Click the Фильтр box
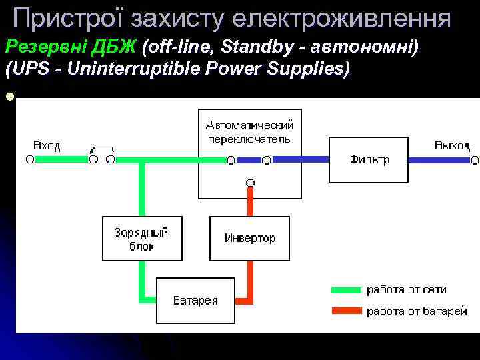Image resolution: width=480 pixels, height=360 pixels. [368, 159]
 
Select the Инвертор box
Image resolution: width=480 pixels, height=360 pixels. [249, 238]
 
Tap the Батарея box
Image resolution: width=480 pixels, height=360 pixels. [195, 301]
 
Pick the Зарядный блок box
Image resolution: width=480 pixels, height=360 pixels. [141, 238]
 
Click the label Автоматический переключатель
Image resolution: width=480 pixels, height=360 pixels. [249, 132]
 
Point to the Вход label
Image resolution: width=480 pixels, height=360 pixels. [47, 145]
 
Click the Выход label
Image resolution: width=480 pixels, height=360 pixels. [452, 145]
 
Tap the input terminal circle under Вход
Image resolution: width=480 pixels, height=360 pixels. [29, 160]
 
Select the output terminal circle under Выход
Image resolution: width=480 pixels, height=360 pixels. [475, 160]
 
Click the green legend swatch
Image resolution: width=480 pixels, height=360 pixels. [347, 290]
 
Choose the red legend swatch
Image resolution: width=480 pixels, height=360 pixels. [347, 311]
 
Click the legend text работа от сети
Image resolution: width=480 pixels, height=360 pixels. [407, 290]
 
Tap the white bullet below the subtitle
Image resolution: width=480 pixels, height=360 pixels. [9, 97]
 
